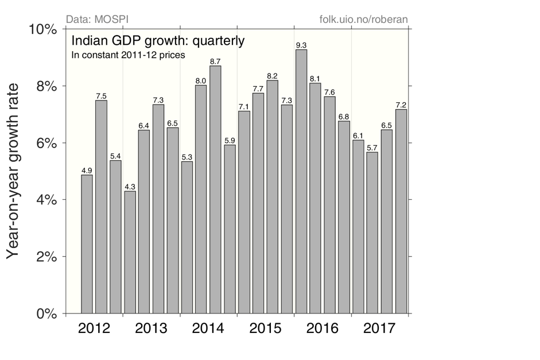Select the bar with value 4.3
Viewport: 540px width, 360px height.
coord(130,252)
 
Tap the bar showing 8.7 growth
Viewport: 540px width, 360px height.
coord(216,189)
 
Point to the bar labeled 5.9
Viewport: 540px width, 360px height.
coord(230,229)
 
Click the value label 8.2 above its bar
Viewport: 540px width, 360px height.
coord(273,76)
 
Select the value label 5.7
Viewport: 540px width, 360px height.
coord(372,148)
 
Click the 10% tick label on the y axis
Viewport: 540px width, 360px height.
coord(42,29)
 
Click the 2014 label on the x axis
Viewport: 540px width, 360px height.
coord(208,329)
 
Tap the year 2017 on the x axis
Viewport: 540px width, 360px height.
coord(379,329)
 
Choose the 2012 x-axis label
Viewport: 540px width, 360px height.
coord(94,329)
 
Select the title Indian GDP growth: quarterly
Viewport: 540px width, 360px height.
coord(158,41)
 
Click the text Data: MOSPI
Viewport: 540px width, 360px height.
coord(98,20)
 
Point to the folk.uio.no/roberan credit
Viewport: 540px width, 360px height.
coord(363,20)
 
